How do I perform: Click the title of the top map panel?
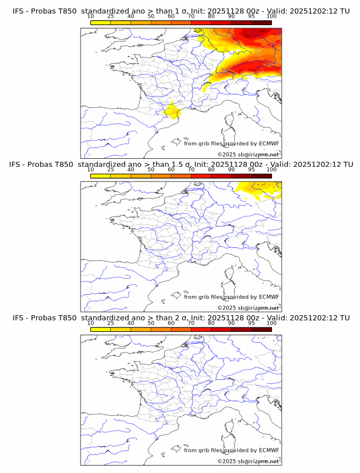click(x=181, y=11)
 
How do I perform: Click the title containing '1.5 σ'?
click(x=181, y=165)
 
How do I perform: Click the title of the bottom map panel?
click(x=181, y=318)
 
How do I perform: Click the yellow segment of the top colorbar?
click(x=101, y=22)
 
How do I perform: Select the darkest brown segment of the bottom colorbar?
click(x=261, y=330)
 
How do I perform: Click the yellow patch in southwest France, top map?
click(x=171, y=111)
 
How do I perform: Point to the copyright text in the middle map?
click(x=248, y=308)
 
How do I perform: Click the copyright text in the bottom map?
click(x=248, y=461)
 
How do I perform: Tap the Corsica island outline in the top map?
click(x=230, y=121)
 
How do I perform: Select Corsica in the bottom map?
click(x=230, y=428)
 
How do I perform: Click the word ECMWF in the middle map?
click(x=269, y=297)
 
